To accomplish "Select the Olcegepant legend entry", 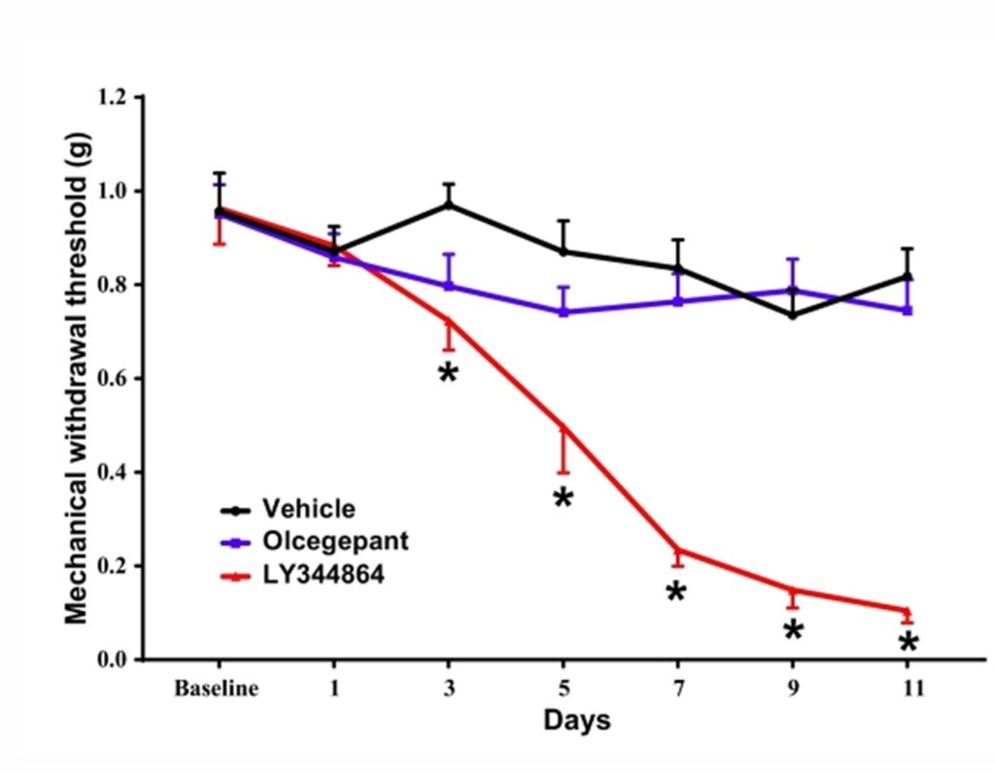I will coord(334,542).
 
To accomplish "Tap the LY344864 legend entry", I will coord(323,575).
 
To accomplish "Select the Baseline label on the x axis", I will coord(217,689).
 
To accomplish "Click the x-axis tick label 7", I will coord(677,689).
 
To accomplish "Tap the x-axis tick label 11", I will coord(908,689).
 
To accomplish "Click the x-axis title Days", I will coord(577,721).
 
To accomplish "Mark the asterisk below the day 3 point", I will coord(447,374).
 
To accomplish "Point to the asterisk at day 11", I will coord(908,644).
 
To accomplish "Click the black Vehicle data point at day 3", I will coord(449,204).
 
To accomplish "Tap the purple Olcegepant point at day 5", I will coord(564,312).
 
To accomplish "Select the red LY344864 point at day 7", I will coord(678,549).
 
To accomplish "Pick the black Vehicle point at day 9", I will coord(793,315).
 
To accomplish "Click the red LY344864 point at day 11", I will coord(908,611).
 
